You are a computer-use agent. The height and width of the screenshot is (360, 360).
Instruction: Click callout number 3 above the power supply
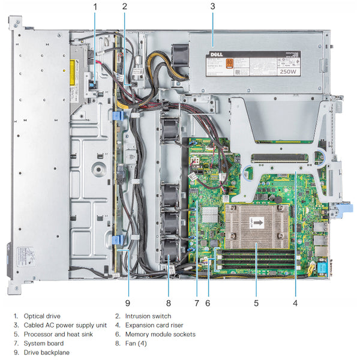tap(212, 7)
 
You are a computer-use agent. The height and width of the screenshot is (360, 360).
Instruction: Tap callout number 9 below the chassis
tap(128, 302)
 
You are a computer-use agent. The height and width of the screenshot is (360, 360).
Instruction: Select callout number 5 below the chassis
tap(256, 302)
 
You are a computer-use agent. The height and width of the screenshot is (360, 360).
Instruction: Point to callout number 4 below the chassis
tap(295, 302)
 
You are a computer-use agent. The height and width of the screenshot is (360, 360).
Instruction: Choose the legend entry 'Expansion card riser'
tap(154, 325)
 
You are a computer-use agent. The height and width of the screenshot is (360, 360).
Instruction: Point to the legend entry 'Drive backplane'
tap(46, 352)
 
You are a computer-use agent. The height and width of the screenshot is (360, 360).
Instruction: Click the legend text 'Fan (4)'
tap(136, 343)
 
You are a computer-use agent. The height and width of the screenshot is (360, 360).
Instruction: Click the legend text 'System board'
tap(44, 343)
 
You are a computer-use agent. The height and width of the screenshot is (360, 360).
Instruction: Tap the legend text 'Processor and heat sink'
tap(58, 334)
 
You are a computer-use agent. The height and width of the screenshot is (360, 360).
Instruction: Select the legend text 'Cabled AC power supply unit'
tap(65, 325)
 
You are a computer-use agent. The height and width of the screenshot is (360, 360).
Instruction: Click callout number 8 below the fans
tap(169, 302)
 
